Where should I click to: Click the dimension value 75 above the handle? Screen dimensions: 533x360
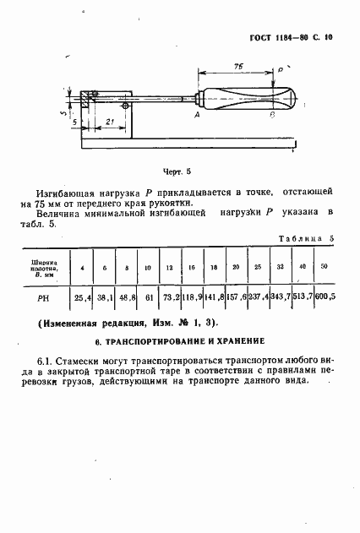[239, 64]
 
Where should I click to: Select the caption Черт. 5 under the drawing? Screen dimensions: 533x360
[177, 170]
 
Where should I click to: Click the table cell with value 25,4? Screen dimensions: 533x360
[83, 297]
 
